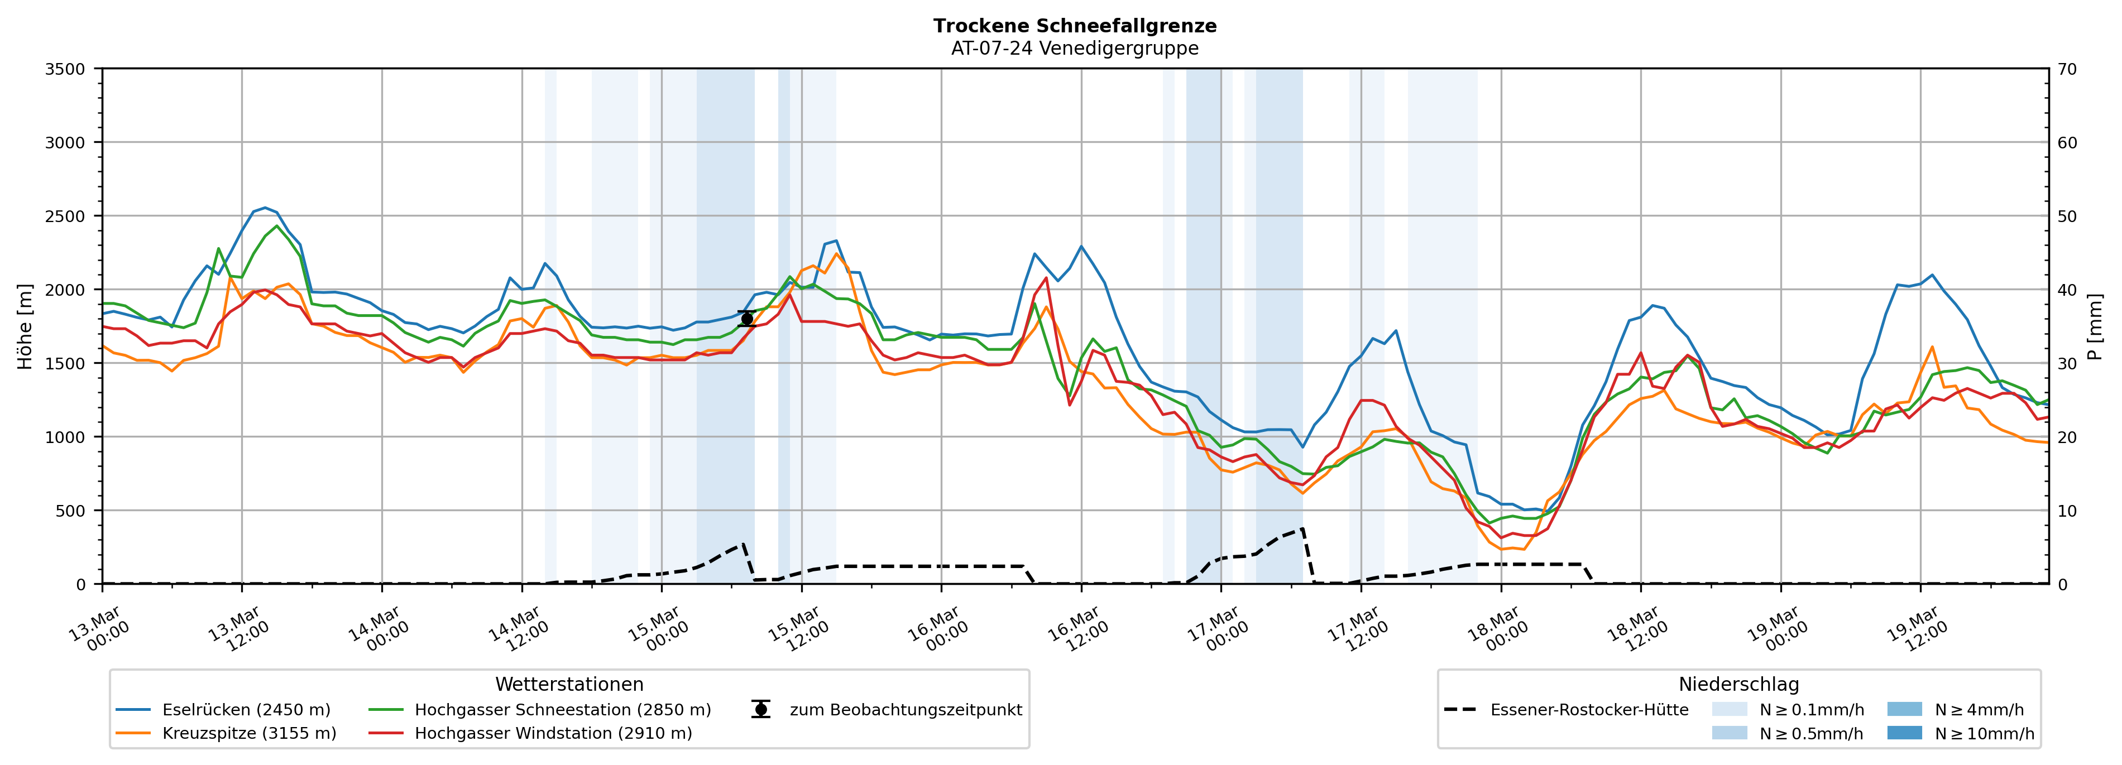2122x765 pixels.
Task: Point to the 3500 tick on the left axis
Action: [65, 69]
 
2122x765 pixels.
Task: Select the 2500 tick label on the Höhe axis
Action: [65, 216]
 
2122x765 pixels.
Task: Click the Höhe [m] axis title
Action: [25, 326]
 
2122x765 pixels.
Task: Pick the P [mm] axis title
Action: [2095, 326]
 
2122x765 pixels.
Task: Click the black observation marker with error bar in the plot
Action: [746, 319]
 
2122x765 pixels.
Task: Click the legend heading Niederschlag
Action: [1738, 684]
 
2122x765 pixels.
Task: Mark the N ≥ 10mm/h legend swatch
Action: [1904, 733]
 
